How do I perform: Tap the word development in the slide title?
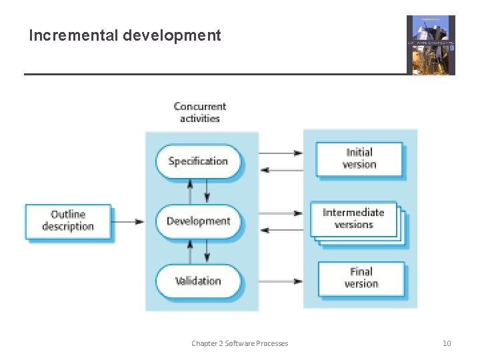tap(172, 35)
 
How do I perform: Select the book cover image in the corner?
tap(431, 45)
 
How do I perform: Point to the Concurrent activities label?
tap(200, 112)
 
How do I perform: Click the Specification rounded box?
tap(198, 161)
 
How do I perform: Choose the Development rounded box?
tap(198, 221)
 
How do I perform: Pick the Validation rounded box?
tap(198, 281)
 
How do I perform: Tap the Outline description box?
tap(68, 221)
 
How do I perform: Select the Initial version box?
tap(359, 159)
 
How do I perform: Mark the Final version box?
tap(361, 278)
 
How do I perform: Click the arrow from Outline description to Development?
tap(128, 221)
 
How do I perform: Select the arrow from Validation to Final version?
tap(280, 281)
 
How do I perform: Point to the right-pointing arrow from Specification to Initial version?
tap(280, 153)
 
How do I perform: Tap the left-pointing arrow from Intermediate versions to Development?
tap(280, 230)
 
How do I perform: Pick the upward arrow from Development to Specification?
tap(190, 191)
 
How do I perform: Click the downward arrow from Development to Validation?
tap(207, 251)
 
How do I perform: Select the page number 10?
tap(447, 343)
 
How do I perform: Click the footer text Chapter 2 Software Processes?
tap(239, 343)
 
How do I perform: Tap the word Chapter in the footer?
tap(204, 343)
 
